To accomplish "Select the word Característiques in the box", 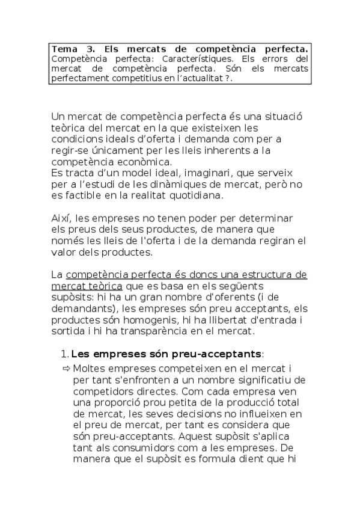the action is tap(192, 59).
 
